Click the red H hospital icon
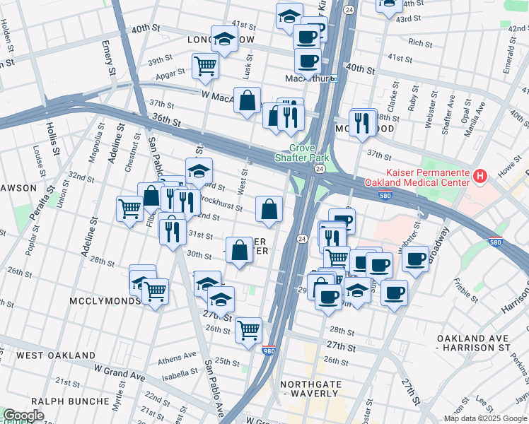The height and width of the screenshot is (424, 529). click(x=480, y=175)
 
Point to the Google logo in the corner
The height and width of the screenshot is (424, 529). click(x=23, y=416)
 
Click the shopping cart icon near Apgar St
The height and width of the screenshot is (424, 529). click(x=205, y=66)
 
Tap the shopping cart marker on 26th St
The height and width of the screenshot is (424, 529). click(x=248, y=329)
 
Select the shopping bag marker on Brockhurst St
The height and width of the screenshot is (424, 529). click(x=269, y=208)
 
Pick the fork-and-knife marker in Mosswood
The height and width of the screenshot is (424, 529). click(x=362, y=122)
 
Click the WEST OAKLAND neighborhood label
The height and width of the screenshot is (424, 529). click(x=56, y=355)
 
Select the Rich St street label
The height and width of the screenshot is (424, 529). click(x=420, y=43)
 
